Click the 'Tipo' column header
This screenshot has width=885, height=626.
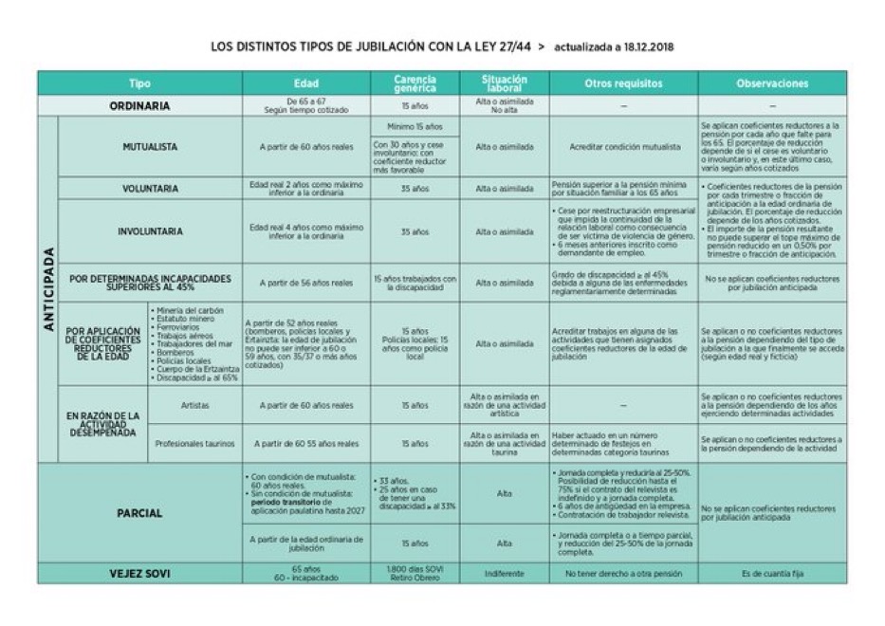(139, 83)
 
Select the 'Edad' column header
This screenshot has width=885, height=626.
(305, 83)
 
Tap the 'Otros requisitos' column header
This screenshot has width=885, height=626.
(623, 83)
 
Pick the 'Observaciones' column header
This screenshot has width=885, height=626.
(772, 83)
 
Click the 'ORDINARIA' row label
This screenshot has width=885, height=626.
(139, 106)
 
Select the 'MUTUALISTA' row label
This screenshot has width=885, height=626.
(150, 147)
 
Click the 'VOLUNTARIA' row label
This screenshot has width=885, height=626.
(150, 189)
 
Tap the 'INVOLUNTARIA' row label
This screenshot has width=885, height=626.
(150, 231)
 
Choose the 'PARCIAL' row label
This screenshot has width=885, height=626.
(139, 513)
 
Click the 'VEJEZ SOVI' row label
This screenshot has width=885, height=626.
(139, 574)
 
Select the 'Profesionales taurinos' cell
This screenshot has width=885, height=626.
(194, 443)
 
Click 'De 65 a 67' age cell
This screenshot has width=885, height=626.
(305, 101)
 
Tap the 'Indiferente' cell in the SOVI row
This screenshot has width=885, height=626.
(504, 574)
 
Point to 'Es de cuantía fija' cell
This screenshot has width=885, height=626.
(772, 574)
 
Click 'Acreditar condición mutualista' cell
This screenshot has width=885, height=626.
(623, 147)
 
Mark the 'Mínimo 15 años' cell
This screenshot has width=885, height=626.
(414, 126)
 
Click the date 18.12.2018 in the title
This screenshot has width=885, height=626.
(649, 46)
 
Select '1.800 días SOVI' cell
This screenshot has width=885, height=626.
(414, 569)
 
